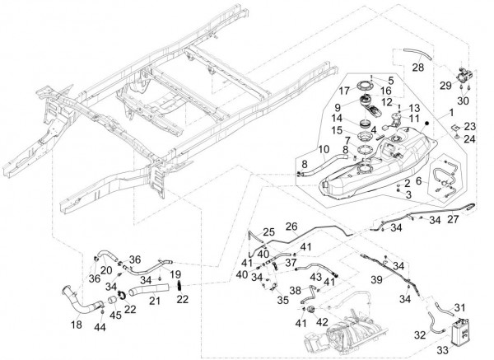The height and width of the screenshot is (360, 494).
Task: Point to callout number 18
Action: (77, 326)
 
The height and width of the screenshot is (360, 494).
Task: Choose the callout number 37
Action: (291, 263)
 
